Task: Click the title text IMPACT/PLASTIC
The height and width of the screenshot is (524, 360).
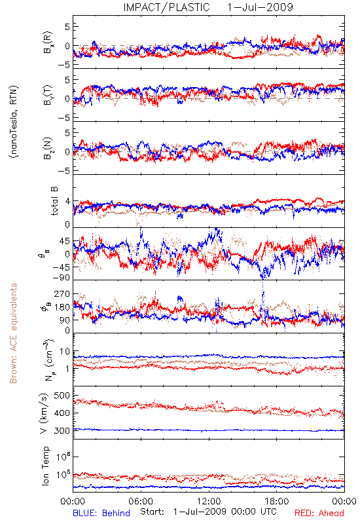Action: click(x=166, y=7)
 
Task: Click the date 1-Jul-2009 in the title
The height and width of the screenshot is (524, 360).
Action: click(x=260, y=7)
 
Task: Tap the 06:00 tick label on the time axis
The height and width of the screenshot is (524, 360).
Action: click(x=141, y=501)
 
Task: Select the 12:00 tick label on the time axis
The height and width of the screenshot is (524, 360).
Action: click(x=209, y=501)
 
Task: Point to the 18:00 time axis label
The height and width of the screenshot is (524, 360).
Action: click(x=277, y=501)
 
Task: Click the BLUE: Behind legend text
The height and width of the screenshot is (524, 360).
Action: click(x=101, y=513)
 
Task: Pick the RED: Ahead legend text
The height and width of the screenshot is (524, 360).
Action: click(x=319, y=513)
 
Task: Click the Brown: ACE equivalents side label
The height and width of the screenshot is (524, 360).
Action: click(x=13, y=333)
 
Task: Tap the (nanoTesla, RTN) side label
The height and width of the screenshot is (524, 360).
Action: click(x=14, y=122)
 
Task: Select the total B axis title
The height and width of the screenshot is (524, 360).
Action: click(x=54, y=201)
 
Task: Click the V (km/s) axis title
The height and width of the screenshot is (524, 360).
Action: click(x=44, y=413)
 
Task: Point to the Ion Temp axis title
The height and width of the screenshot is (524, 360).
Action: click(x=45, y=466)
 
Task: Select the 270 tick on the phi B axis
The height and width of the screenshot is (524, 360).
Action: click(x=62, y=293)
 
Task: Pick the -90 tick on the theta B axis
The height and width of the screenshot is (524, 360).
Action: click(x=62, y=277)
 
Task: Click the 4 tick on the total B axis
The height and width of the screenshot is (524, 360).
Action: click(x=68, y=201)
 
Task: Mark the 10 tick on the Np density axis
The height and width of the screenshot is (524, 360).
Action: click(x=65, y=351)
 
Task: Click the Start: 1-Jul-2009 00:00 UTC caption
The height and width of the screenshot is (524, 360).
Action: click(x=208, y=512)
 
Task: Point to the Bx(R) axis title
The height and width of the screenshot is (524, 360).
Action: click(x=48, y=43)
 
